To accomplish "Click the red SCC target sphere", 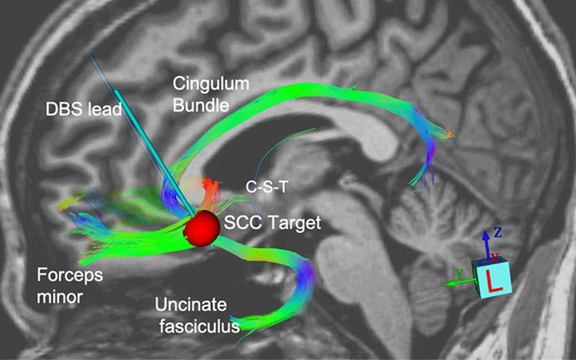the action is pyautogui.click(x=202, y=228).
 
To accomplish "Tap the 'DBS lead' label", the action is pyautogui.click(x=84, y=109).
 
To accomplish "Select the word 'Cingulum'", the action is pyautogui.click(x=211, y=84).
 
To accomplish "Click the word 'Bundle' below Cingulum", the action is pyautogui.click(x=201, y=105).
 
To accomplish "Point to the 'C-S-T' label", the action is pyautogui.click(x=266, y=187).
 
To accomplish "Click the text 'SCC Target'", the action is pyautogui.click(x=272, y=222).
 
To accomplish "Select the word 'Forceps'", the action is pyautogui.click(x=70, y=275).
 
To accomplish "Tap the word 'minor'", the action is pyautogui.click(x=60, y=296).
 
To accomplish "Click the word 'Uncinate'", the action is pyautogui.click(x=191, y=304).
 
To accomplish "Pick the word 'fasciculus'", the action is pyautogui.click(x=199, y=326).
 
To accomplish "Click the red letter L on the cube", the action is pyautogui.click(x=494, y=280).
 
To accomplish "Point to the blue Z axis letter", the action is pyautogui.click(x=498, y=232).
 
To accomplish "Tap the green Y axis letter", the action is pyautogui.click(x=459, y=274).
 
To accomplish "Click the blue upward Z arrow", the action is pyautogui.click(x=486, y=245).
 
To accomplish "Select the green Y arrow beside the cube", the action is pyautogui.click(x=461, y=283).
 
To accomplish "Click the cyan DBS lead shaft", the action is pyautogui.click(x=141, y=134).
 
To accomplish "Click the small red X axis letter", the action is pyautogui.click(x=495, y=257).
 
